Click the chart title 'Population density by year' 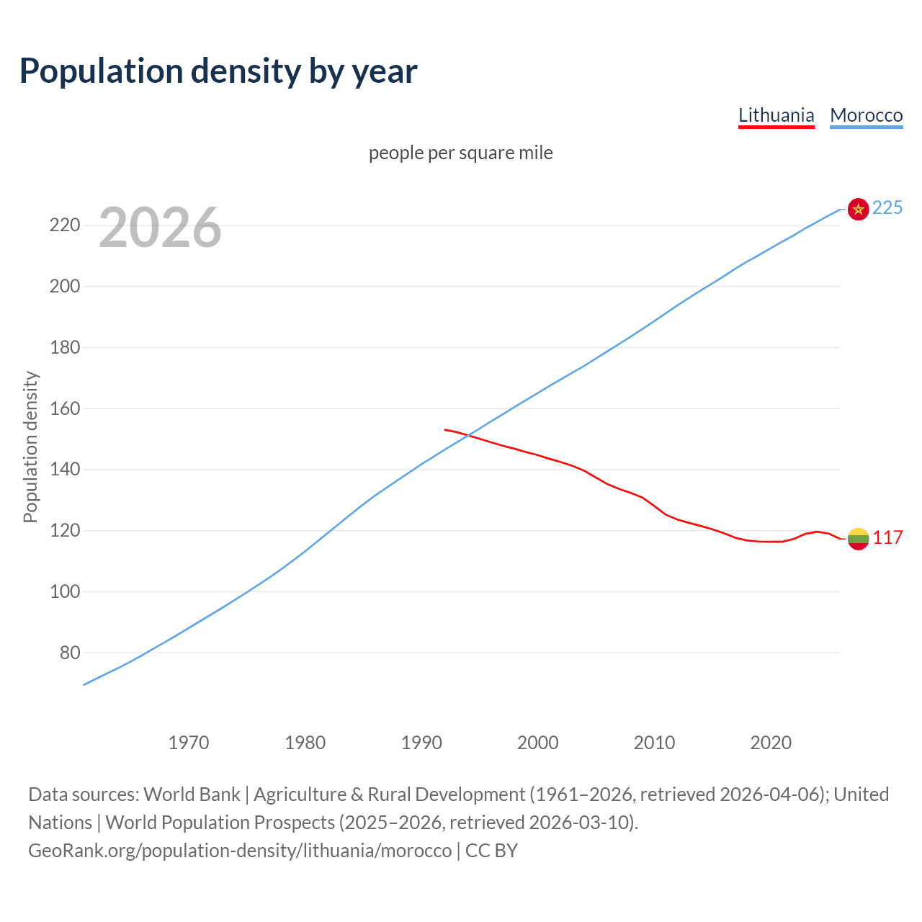click(218, 71)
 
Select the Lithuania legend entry click(776, 115)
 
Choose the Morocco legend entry click(866, 115)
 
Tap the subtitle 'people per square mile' click(460, 153)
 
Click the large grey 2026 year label click(160, 228)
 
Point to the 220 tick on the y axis click(65, 225)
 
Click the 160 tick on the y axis click(65, 408)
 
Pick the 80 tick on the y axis click(69, 653)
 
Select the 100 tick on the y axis click(65, 591)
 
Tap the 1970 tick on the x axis click(189, 742)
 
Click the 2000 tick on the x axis click(538, 742)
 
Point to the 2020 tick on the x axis click(771, 742)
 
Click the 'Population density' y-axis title click(30, 447)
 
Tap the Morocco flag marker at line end click(858, 209)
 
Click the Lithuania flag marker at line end click(858, 538)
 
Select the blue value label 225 click(887, 207)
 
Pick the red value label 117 click(887, 537)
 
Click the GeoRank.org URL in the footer click(240, 850)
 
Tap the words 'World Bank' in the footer click(192, 794)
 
